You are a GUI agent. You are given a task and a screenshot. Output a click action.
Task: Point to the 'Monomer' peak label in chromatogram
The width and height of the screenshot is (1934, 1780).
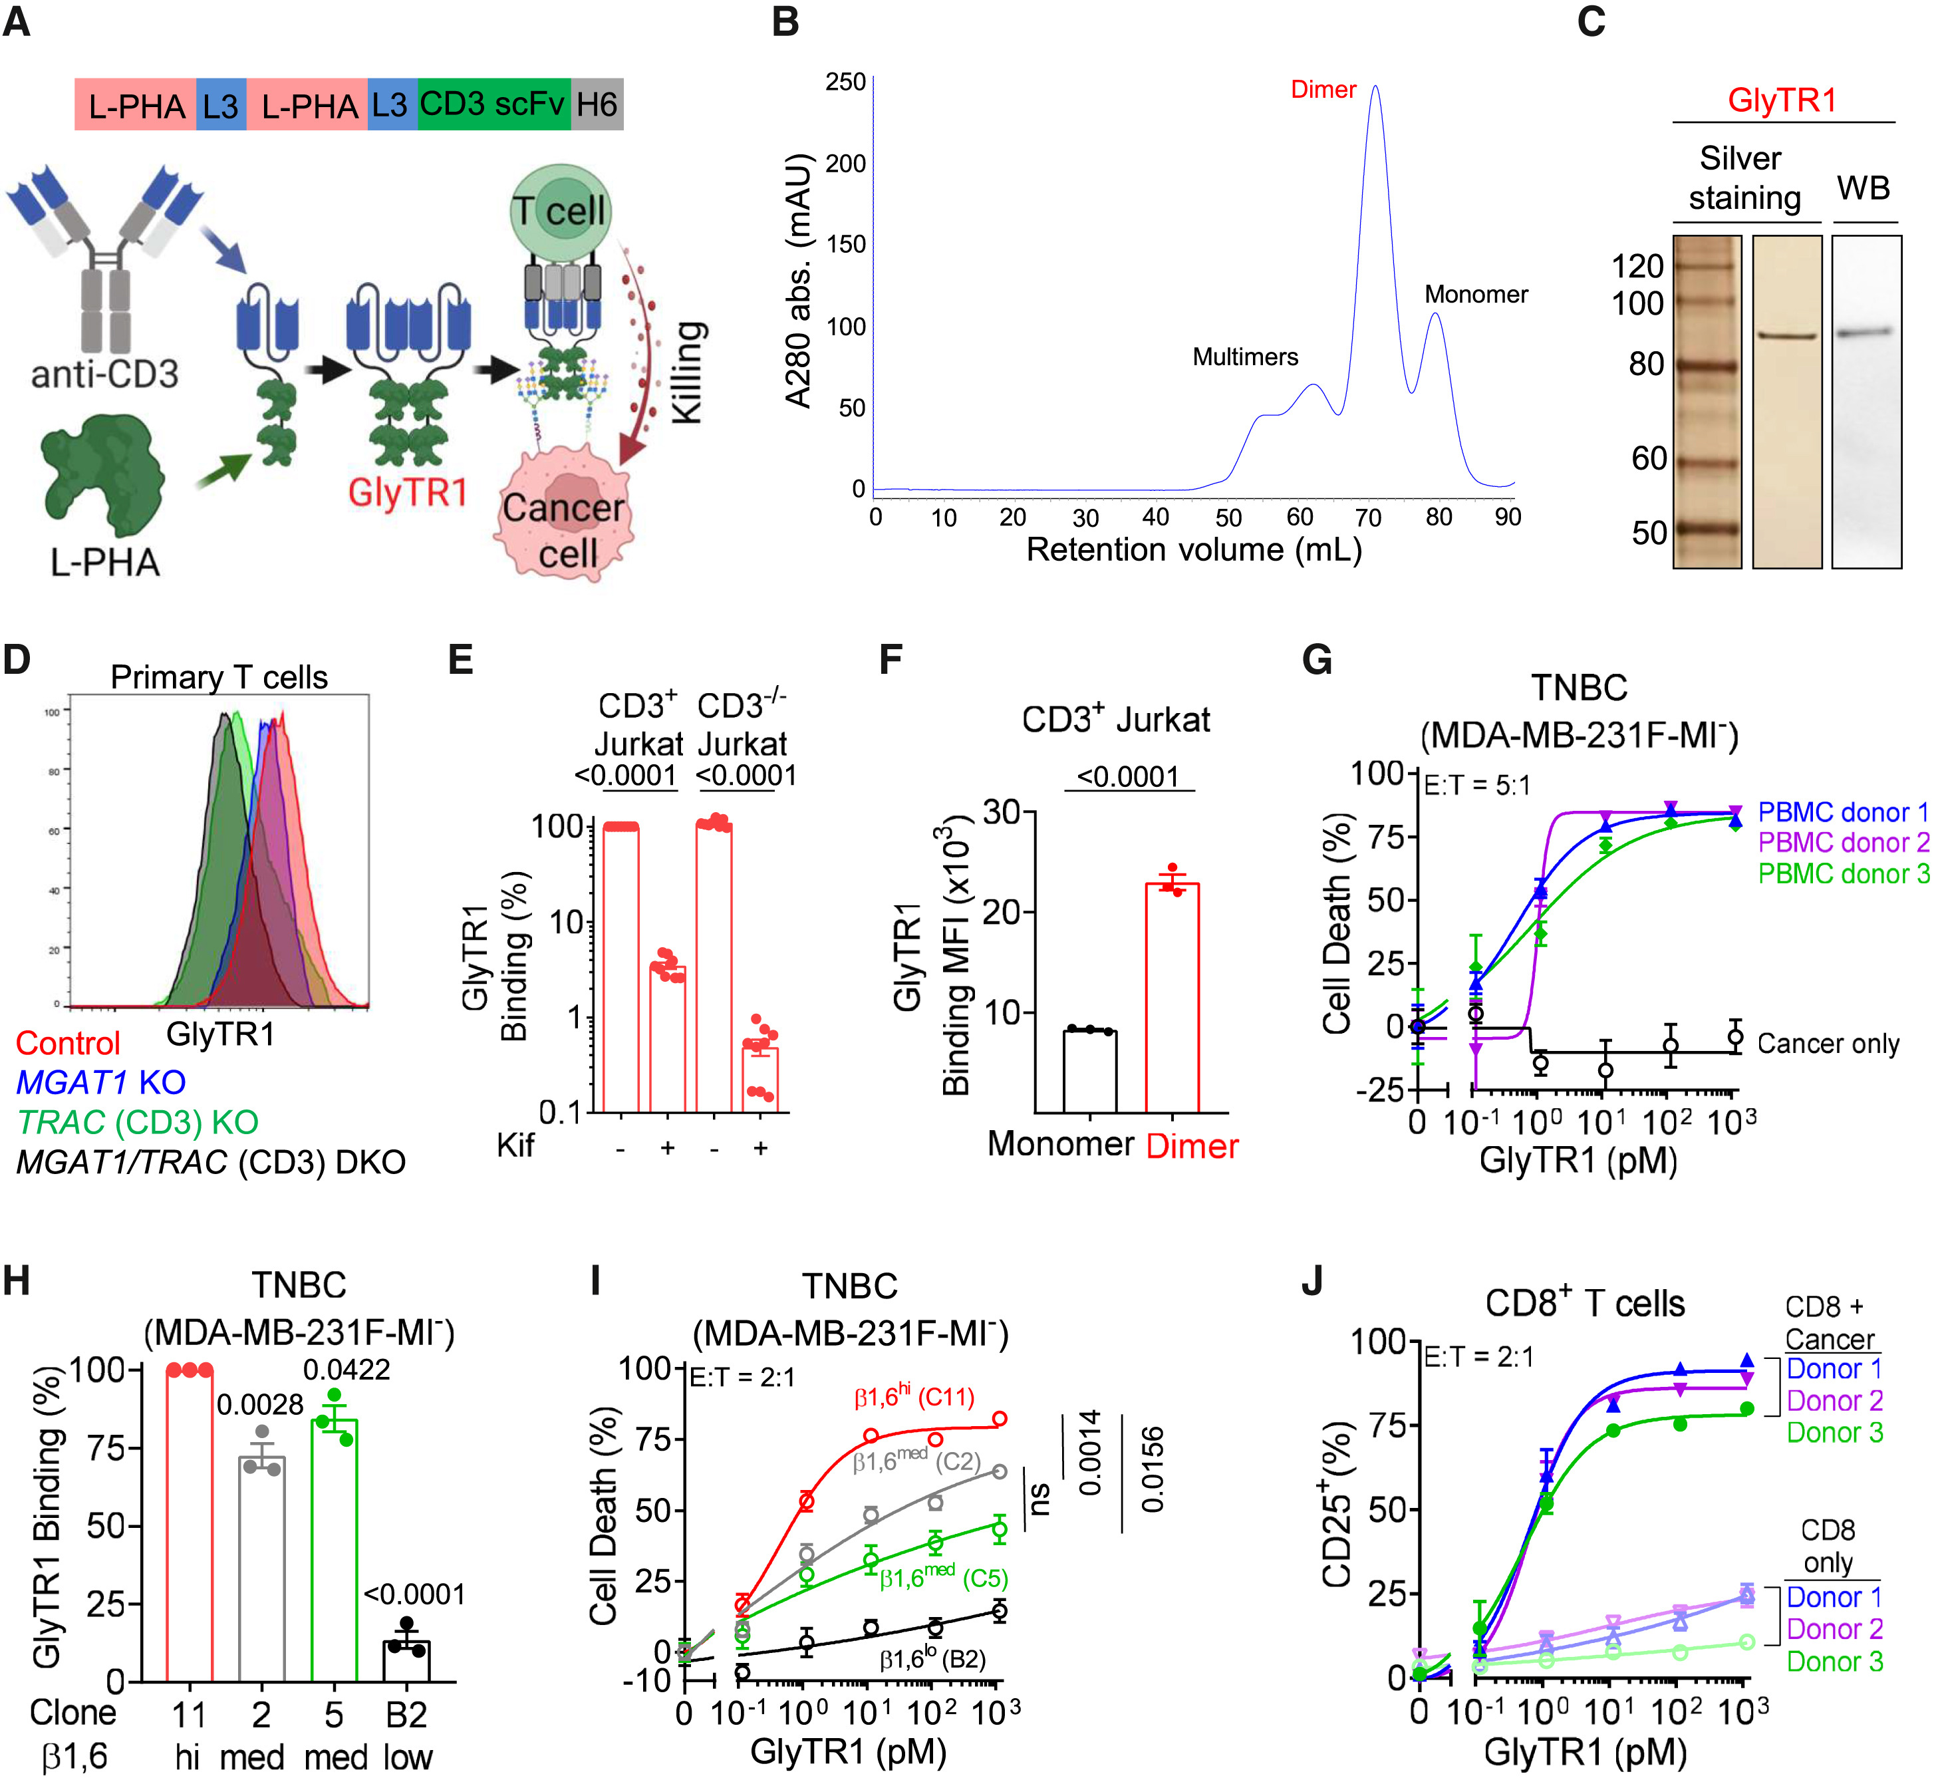(x=1476, y=294)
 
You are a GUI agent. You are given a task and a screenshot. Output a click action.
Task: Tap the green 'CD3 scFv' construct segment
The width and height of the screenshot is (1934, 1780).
(x=493, y=104)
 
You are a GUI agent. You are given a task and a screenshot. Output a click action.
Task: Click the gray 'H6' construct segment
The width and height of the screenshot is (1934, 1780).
(x=597, y=104)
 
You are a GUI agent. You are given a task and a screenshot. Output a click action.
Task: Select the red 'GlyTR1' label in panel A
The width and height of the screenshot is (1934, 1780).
(x=408, y=492)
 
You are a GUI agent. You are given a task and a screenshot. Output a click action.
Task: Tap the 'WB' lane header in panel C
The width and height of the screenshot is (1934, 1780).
(x=1863, y=187)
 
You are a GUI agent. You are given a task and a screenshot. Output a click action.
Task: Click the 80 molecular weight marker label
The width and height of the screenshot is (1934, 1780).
(x=1646, y=364)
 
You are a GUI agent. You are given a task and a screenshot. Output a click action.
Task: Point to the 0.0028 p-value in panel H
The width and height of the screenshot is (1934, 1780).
(x=259, y=1404)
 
